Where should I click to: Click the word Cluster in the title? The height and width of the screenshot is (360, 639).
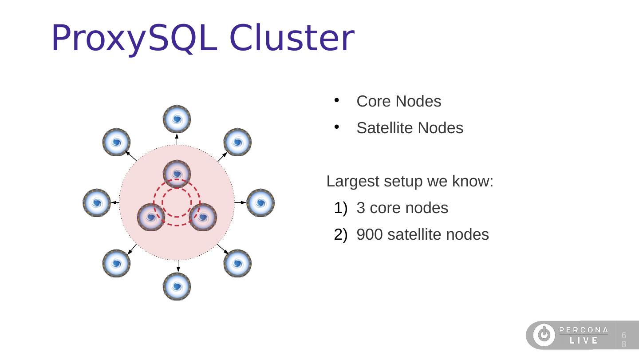click(x=292, y=38)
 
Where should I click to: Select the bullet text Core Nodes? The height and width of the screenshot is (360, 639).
click(x=398, y=102)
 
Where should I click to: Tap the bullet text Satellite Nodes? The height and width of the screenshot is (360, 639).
click(x=410, y=128)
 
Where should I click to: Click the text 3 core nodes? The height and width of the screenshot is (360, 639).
click(x=402, y=208)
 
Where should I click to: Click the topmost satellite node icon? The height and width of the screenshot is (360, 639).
click(x=177, y=119)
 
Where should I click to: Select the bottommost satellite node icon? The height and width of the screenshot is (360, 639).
click(x=177, y=286)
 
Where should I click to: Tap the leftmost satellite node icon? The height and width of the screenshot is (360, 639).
click(x=96, y=203)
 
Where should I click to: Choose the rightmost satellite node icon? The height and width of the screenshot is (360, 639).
click(x=260, y=203)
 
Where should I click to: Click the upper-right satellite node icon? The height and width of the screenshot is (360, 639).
click(x=237, y=142)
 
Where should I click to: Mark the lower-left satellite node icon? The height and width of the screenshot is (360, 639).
click(x=116, y=263)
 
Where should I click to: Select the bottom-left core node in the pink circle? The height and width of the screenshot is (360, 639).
click(x=151, y=218)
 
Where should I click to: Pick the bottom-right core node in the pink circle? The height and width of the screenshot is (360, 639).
click(x=203, y=218)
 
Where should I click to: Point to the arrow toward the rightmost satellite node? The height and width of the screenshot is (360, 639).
click(x=240, y=202)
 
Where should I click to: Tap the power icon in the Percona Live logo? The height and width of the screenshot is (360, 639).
click(x=544, y=335)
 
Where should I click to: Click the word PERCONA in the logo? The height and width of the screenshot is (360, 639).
click(x=584, y=330)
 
